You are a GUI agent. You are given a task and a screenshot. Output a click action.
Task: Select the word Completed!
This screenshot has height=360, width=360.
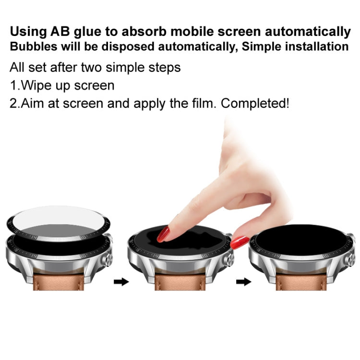coord(259,104)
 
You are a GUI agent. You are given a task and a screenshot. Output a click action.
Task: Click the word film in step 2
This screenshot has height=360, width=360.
coord(214,103)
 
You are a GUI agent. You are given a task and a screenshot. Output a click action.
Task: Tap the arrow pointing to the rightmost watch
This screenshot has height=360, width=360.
coord(244,282)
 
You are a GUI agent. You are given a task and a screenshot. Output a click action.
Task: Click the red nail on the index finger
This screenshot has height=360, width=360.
coord(164,235)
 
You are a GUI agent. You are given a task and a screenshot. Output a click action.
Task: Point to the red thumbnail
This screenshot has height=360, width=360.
coord(239,243)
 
